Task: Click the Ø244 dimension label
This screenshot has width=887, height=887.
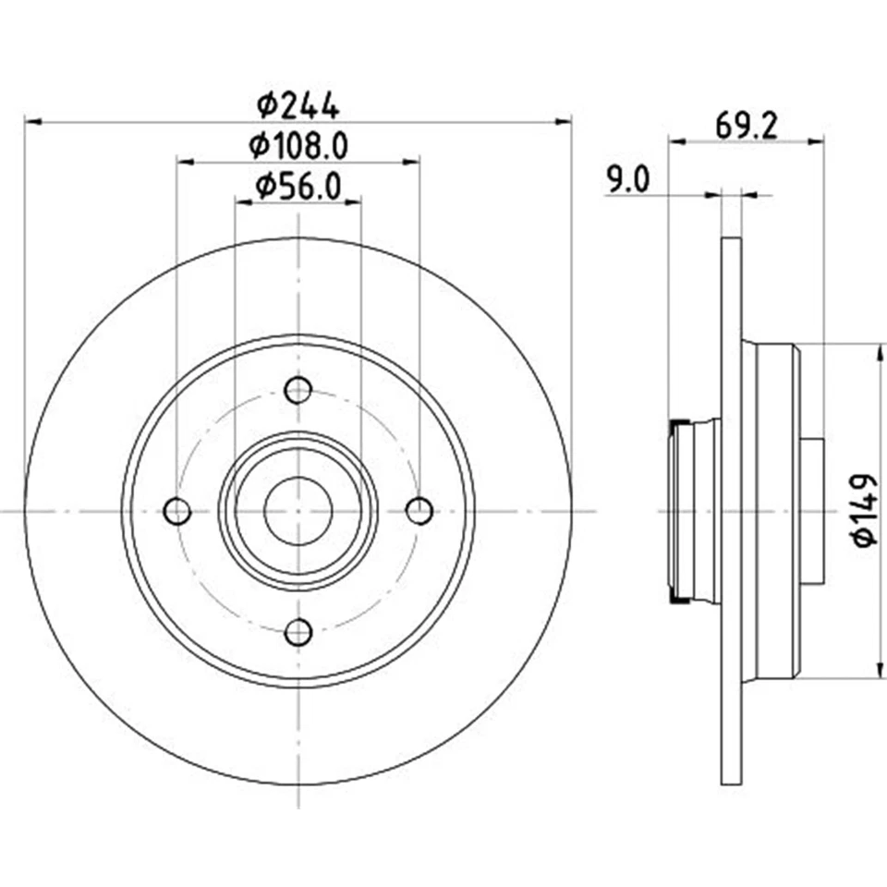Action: pyautogui.click(x=298, y=105)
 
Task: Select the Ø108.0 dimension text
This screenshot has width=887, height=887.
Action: pyautogui.click(x=298, y=146)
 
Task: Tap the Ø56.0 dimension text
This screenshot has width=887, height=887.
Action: pyautogui.click(x=298, y=187)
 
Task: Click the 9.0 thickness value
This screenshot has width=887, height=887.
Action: pyautogui.click(x=628, y=179)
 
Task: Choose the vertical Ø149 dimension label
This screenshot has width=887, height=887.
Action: pyautogui.click(x=864, y=510)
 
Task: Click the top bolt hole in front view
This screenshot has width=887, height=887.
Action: pyautogui.click(x=298, y=390)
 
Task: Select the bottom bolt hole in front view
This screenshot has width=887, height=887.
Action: pyautogui.click(x=298, y=632)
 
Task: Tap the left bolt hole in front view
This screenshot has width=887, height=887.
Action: pyautogui.click(x=176, y=511)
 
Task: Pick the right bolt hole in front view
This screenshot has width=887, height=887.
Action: pyautogui.click(x=419, y=511)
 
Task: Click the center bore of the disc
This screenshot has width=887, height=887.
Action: pyautogui.click(x=298, y=511)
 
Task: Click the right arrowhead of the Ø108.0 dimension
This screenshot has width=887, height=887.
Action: pyautogui.click(x=411, y=162)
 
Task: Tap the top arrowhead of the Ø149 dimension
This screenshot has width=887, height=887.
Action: pyautogui.click(x=875, y=352)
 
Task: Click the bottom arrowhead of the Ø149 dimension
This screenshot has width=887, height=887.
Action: pyautogui.click(x=875, y=671)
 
